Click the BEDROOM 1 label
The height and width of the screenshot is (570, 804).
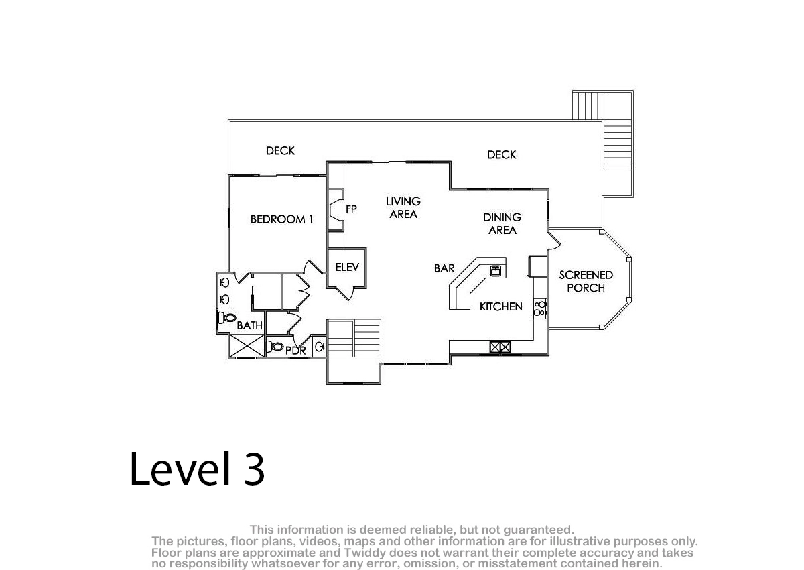282,219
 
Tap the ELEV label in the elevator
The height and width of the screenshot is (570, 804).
347,267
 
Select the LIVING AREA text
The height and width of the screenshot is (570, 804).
403,208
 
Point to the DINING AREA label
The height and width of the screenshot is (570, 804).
502,223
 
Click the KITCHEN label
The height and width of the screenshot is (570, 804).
500,306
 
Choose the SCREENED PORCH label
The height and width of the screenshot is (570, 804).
586,281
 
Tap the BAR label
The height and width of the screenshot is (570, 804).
444,268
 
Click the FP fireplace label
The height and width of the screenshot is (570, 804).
351,209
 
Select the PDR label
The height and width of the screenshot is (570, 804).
295,351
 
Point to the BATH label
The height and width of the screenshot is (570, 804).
249,325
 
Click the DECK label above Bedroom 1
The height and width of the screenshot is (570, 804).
280,150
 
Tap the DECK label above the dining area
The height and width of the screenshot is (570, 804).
501,155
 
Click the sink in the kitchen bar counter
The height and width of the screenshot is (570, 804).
496,270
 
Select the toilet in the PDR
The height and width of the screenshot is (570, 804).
275,347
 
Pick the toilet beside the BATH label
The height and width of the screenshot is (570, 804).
227,317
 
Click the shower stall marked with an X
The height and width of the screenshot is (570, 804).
247,346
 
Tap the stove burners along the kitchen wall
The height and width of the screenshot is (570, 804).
540,308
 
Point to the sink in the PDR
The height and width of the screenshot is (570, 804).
319,347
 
